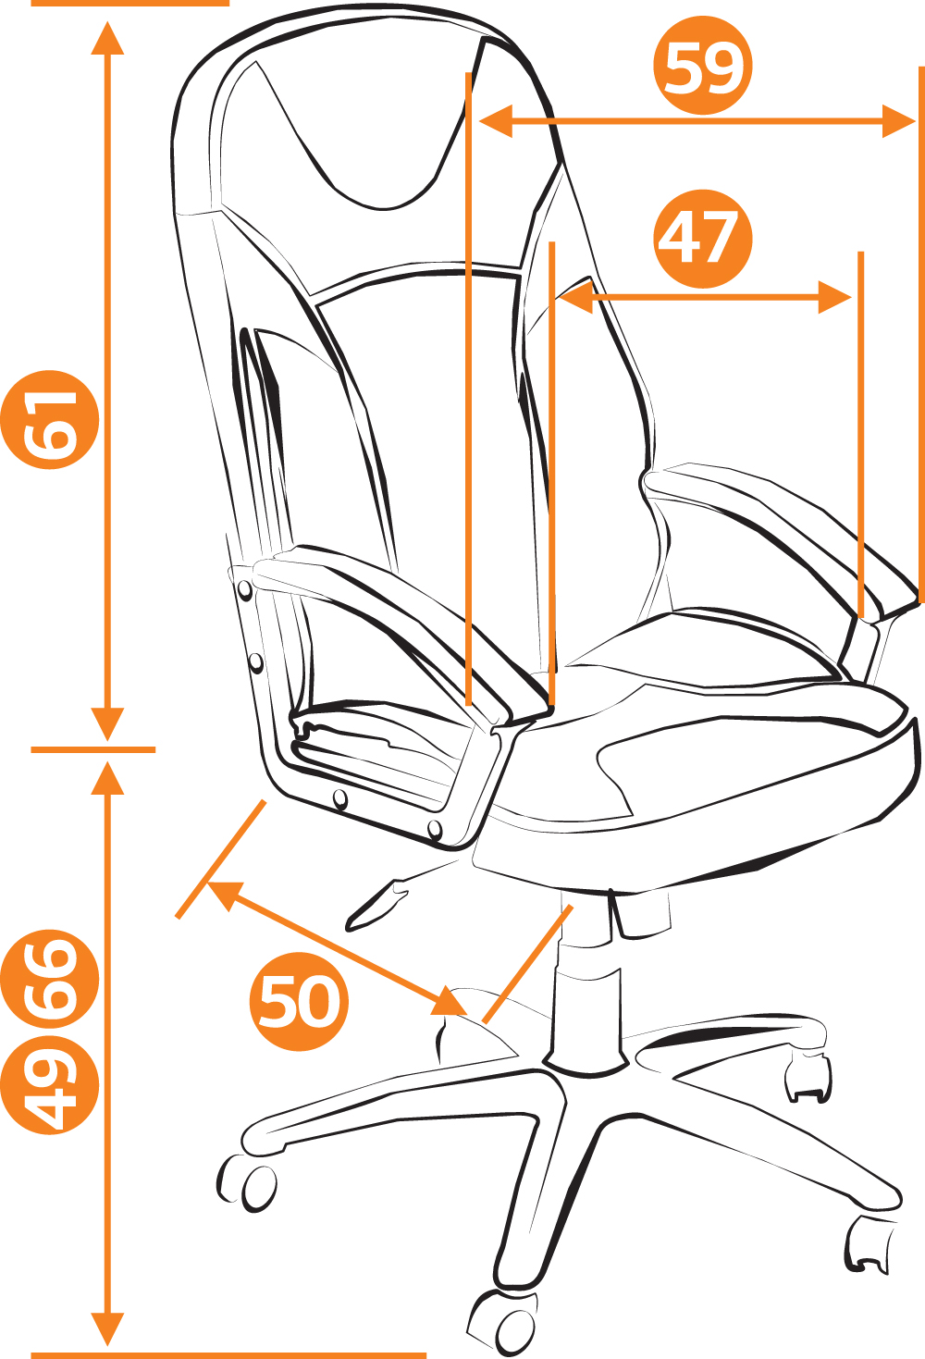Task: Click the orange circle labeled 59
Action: tap(702, 65)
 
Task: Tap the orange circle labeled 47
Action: tap(702, 239)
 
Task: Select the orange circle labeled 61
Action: tap(49, 419)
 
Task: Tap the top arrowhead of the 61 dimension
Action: tap(107, 38)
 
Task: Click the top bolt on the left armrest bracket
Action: tap(245, 589)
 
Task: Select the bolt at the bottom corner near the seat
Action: tap(435, 828)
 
